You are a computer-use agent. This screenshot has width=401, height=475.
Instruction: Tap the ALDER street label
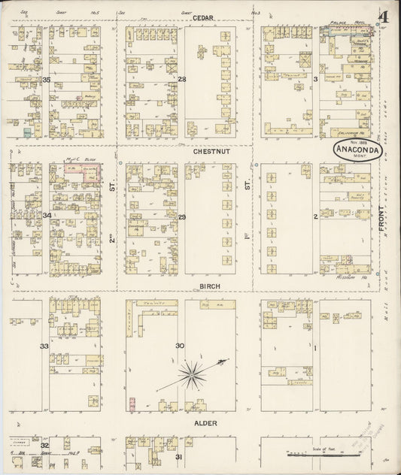pyautogui.click(x=206, y=423)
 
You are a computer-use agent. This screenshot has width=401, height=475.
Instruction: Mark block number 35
pyautogui.click(x=46, y=80)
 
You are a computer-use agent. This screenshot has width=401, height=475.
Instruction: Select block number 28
pyautogui.click(x=181, y=79)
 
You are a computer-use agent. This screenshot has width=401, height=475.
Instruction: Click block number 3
pyautogui.click(x=316, y=78)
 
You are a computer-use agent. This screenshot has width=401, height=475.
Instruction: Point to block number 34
pyautogui.click(x=47, y=216)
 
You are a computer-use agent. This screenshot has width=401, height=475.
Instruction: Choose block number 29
pyautogui.click(x=181, y=216)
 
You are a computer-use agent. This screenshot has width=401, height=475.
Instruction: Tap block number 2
pyautogui.click(x=316, y=216)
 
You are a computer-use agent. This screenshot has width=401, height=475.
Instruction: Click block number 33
pyautogui.click(x=45, y=346)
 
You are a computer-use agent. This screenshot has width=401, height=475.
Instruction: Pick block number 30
pyautogui.click(x=180, y=346)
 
